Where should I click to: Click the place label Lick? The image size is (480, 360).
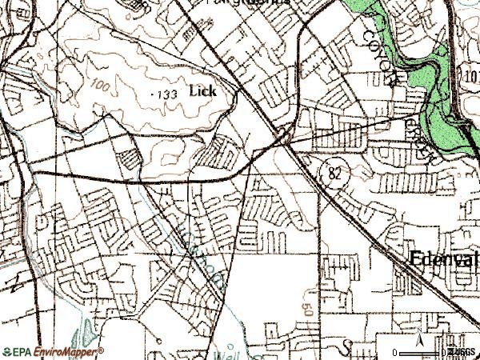click(x=202, y=90)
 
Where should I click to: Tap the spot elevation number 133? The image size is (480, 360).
click(x=166, y=95)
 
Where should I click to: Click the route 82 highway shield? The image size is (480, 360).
click(x=334, y=171)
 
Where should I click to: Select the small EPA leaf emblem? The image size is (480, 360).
click(x=7, y=350)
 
